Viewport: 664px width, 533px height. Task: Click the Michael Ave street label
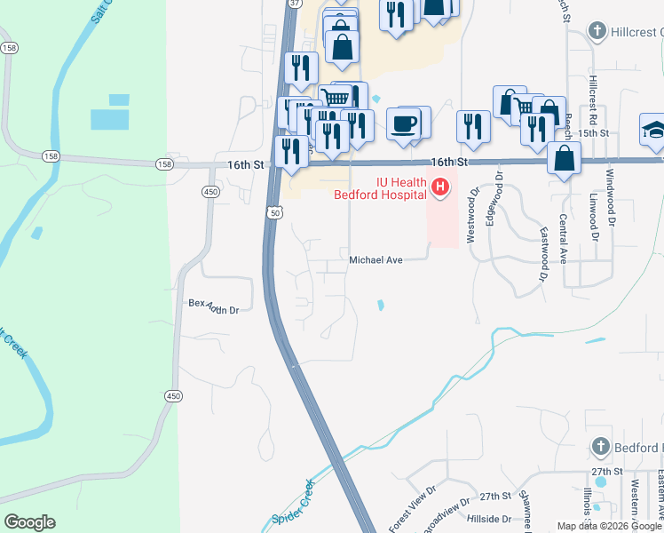tap(375, 260)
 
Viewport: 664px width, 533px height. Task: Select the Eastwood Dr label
tap(543, 255)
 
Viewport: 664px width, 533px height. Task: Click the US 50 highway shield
tap(274, 213)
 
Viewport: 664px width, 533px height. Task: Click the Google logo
tap(29, 522)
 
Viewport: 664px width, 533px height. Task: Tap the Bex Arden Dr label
tap(214, 306)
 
